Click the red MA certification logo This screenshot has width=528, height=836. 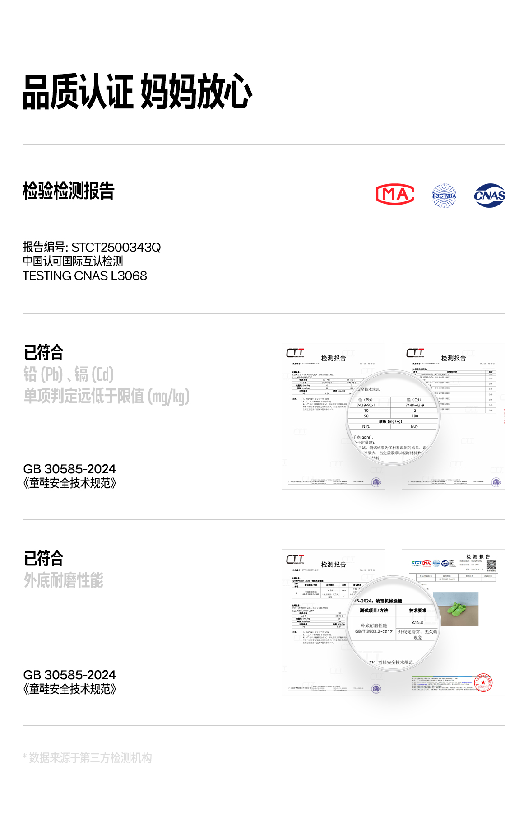[395, 195]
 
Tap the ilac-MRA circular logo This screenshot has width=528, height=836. [444, 196]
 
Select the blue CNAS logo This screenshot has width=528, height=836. [490, 196]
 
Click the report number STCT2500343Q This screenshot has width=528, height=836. [116, 248]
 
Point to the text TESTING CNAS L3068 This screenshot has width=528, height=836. [85, 276]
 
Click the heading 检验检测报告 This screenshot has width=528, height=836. [69, 191]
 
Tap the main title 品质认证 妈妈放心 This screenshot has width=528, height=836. [137, 92]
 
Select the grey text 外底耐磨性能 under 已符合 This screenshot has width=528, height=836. [64, 580]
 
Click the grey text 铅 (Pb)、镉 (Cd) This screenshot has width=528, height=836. [69, 374]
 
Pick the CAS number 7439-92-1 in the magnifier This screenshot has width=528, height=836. [366, 405]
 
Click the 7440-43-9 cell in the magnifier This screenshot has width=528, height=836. [415, 405]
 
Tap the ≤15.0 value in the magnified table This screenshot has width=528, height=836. [417, 622]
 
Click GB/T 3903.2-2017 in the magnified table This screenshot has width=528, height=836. [374, 631]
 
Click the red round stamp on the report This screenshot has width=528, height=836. [483, 683]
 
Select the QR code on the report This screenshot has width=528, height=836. [491, 565]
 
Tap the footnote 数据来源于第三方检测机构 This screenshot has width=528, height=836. [90, 758]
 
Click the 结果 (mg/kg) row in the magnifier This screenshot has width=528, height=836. [391, 421]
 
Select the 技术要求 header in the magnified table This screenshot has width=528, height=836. [417, 611]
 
